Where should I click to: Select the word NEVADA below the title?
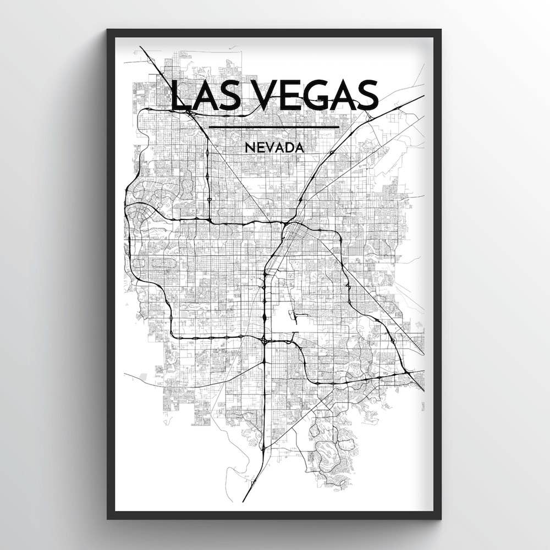coord(274,147)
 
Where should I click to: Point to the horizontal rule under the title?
coord(274,128)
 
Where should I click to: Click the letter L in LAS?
coord(179,95)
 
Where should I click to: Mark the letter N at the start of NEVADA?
coord(249,147)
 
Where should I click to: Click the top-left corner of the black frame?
coord(108,31)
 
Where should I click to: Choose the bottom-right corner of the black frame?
coord(440,518)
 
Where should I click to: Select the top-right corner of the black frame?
coord(440,31)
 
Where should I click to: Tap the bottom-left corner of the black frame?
coord(108,518)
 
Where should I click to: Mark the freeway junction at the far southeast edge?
coord(410,374)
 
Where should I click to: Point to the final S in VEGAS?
coord(367,95)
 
